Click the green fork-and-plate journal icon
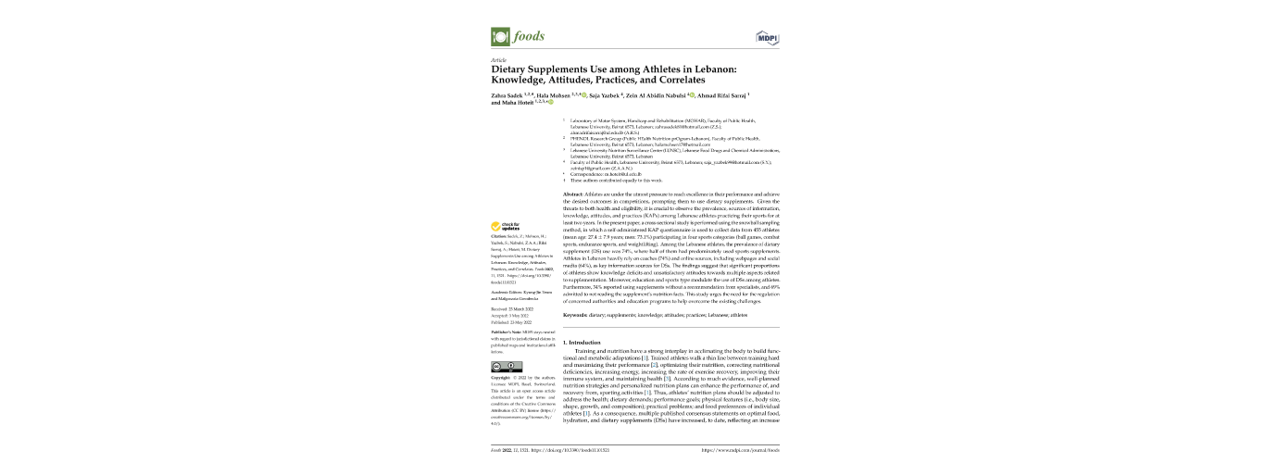499,37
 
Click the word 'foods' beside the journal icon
530,37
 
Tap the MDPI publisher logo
767,37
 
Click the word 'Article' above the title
497,59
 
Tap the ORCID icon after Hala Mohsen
582,95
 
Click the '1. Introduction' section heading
582,344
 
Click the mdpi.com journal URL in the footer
741,450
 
